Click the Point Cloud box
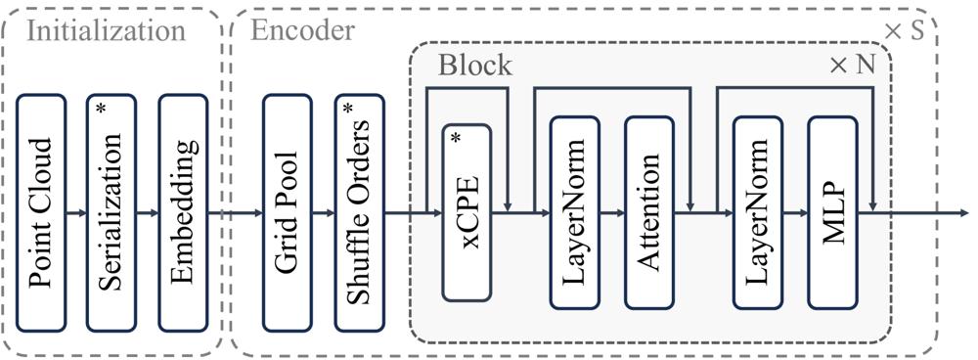click(40, 212)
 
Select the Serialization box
click(111, 212)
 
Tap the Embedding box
click(183, 212)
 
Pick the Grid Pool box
click(287, 212)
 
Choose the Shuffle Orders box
click(359, 212)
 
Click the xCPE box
click(467, 212)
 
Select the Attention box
click(649, 212)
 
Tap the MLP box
click(832, 212)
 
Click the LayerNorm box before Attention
click(574, 212)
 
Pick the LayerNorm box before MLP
click(758, 212)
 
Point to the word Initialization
click(108, 31)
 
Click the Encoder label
click(302, 30)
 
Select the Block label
click(475, 65)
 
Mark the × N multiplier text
click(852, 65)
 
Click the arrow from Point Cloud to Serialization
click(76, 213)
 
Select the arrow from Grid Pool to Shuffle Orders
click(323, 213)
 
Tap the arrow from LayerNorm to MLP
click(795, 213)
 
